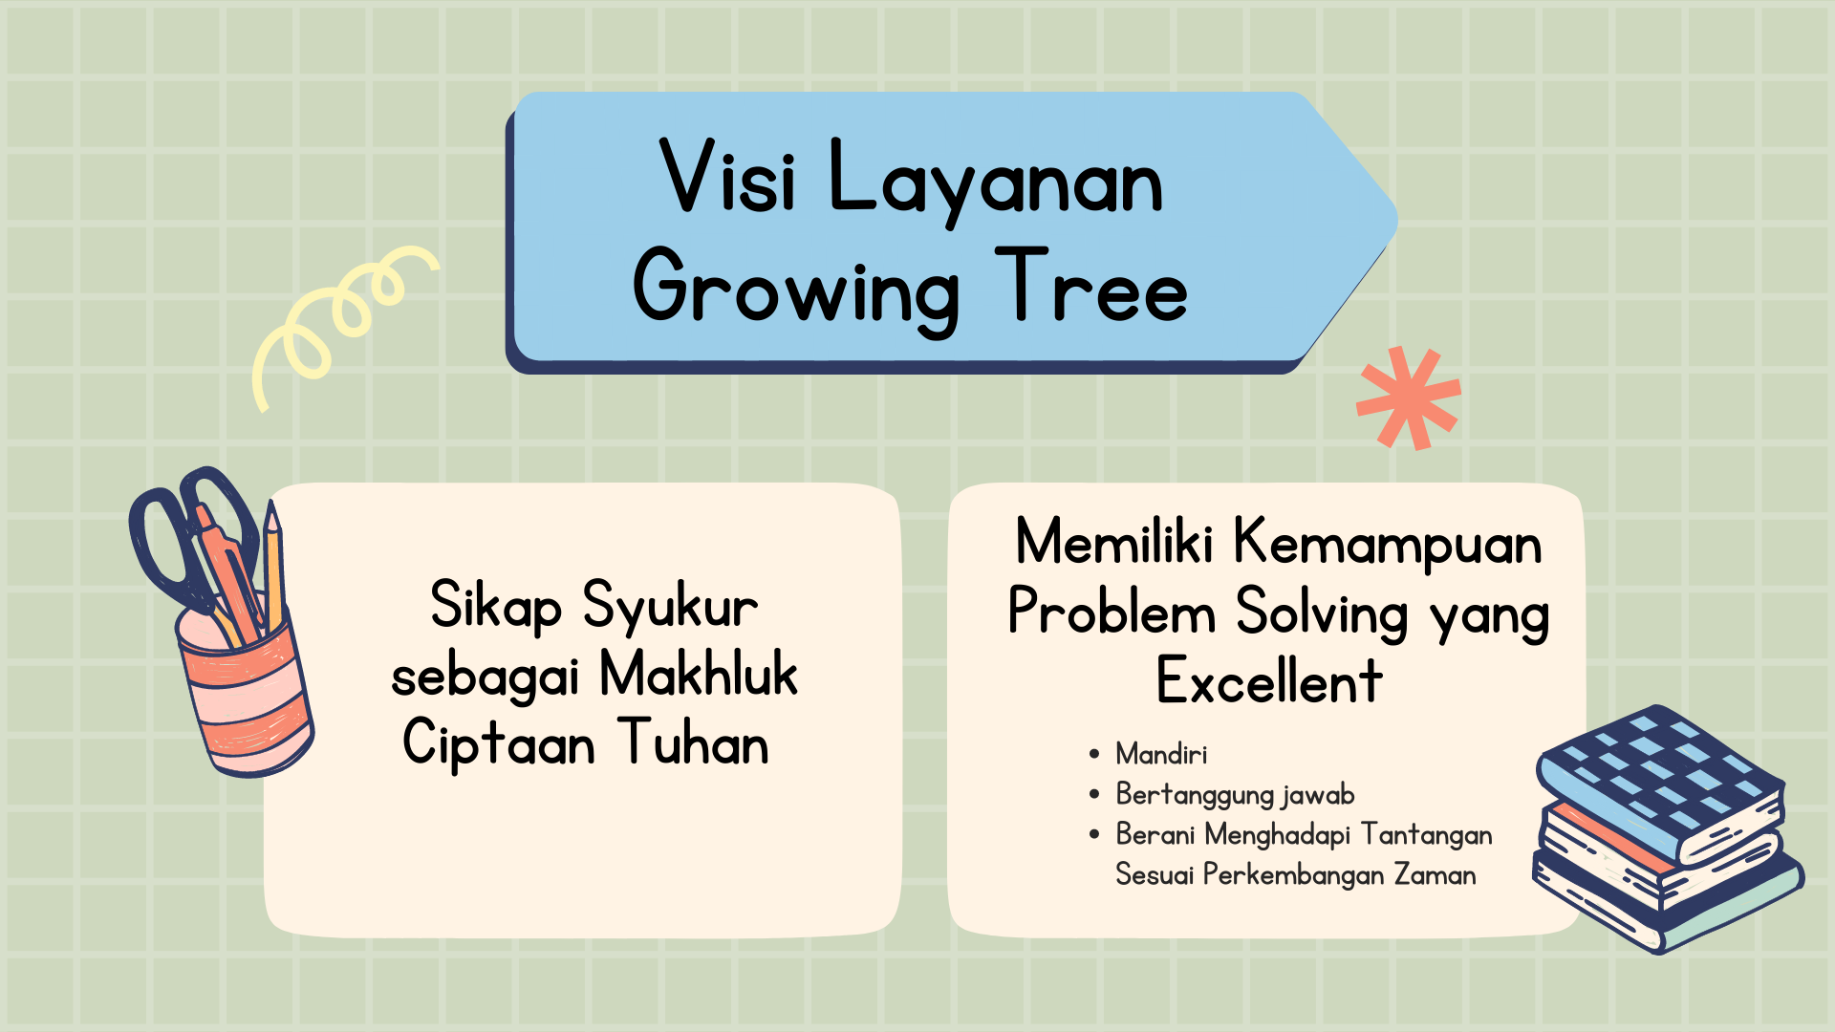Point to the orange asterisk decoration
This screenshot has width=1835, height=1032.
pyautogui.click(x=1408, y=398)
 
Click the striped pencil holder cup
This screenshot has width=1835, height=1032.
pyautogui.click(x=247, y=698)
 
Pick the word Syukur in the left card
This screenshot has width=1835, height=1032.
pyautogui.click(x=670, y=606)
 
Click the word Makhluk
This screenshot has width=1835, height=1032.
pyautogui.click(x=698, y=675)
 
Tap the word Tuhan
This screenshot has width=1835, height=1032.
pyautogui.click(x=693, y=743)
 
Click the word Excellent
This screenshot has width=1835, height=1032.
pyautogui.click(x=1269, y=682)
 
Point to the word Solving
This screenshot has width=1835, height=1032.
pyautogui.click(x=1322, y=613)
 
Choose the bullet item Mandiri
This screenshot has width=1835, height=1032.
pyautogui.click(x=1161, y=755)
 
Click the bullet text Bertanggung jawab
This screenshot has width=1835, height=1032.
pyautogui.click(x=1235, y=795)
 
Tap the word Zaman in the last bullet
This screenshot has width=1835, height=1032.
pyautogui.click(x=1435, y=875)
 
